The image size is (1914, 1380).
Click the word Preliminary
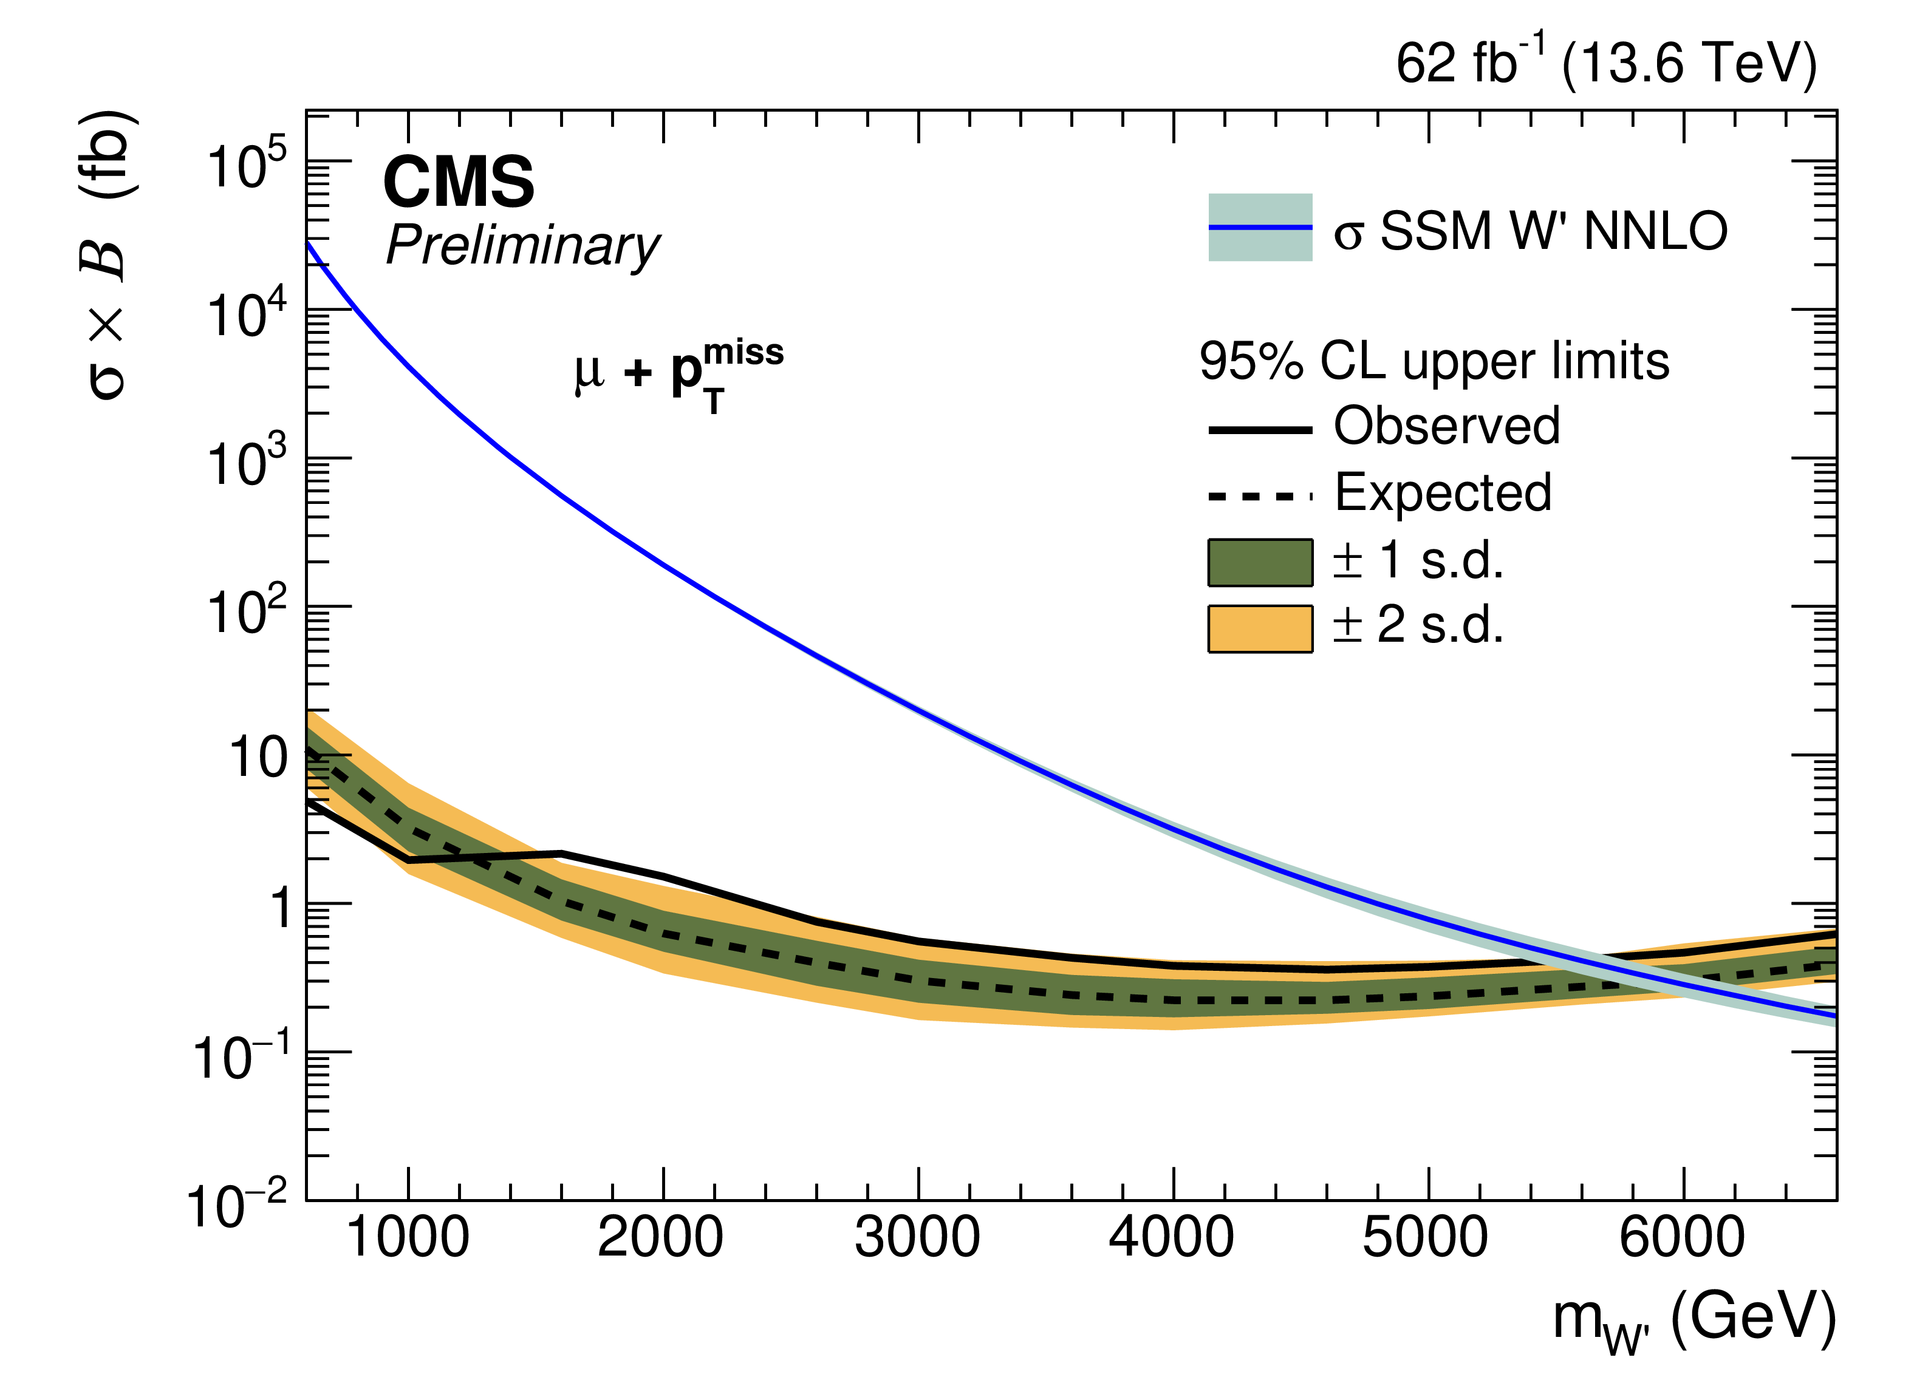[522, 246]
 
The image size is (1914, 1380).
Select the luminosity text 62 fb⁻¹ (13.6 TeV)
[1606, 63]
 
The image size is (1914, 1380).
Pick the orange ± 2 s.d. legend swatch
[1260, 629]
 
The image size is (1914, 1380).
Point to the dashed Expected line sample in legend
[1260, 496]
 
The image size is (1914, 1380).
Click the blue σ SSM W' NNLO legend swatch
[1260, 228]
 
